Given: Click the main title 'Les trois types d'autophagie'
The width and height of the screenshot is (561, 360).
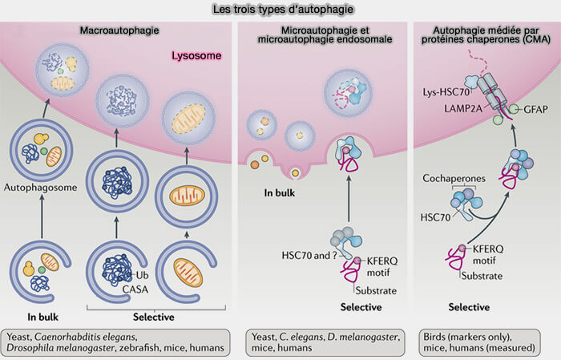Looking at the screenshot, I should tap(280, 10).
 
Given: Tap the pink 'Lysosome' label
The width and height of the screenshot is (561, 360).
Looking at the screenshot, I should tap(196, 58).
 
